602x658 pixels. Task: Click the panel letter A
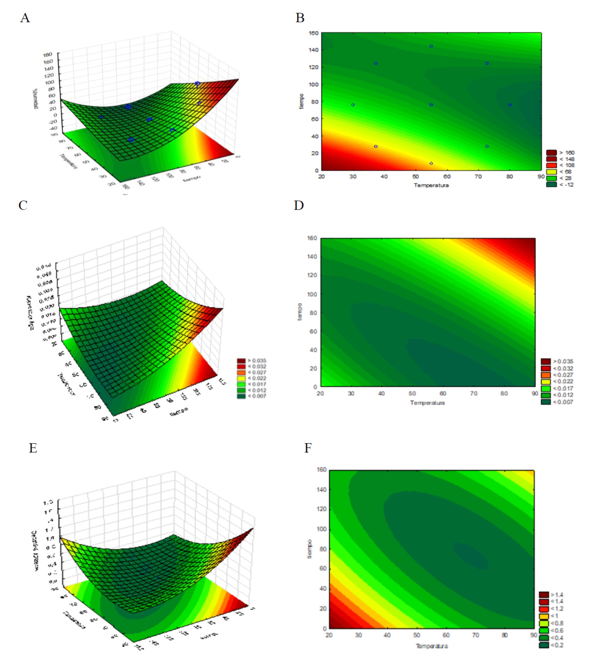tap(25, 18)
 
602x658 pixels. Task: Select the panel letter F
tap(308, 448)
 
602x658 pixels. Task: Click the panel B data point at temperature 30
tap(353, 105)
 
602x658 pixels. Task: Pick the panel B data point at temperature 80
tap(510, 105)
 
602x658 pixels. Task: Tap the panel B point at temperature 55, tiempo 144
tap(431, 46)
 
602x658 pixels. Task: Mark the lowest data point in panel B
tap(431, 163)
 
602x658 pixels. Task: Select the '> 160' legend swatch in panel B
tap(551, 153)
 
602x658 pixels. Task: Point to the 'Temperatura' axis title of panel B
tap(431, 185)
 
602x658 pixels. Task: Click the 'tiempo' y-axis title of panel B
tap(302, 101)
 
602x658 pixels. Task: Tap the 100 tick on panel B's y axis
tap(313, 84)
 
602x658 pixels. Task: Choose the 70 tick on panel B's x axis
tap(478, 176)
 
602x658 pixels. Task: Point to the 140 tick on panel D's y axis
tap(312, 257)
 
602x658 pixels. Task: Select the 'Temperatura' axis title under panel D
tap(427, 403)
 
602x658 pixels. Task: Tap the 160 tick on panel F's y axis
tap(321, 469)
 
